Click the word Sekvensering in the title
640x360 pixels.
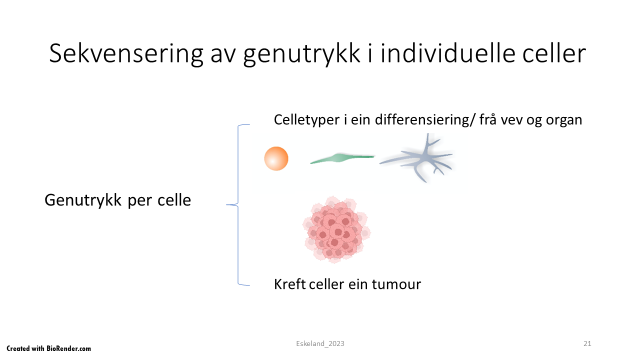pos(126,53)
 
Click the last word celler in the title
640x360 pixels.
pos(554,53)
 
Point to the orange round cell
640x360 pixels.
pos(276,158)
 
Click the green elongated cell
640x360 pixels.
pos(342,158)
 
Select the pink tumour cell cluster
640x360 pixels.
pos(336,229)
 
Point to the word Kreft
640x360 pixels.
pos(289,284)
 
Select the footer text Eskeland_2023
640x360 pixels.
pos(320,343)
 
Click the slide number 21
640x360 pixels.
pos(587,343)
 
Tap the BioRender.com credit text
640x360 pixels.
pos(48,348)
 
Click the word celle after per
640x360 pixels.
pos(174,200)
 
